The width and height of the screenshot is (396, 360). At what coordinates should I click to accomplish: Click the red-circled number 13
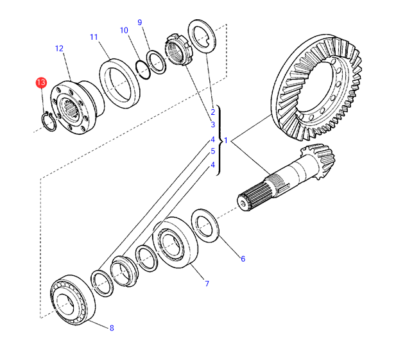point(41,83)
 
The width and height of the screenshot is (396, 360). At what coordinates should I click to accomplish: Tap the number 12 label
point(60,48)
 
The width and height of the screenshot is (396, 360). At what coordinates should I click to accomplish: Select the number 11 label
point(94,37)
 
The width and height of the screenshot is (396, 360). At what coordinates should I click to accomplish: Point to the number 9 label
point(139,23)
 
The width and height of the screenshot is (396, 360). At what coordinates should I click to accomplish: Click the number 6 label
point(243,259)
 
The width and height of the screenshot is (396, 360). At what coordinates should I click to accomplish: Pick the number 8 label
point(111,328)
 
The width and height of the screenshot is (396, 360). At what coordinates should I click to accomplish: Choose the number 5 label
point(212,151)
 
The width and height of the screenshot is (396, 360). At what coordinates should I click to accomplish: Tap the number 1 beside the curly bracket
point(225,139)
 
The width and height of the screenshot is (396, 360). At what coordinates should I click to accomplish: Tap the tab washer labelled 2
point(202,37)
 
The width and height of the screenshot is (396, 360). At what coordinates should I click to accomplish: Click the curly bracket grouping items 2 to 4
point(219,139)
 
